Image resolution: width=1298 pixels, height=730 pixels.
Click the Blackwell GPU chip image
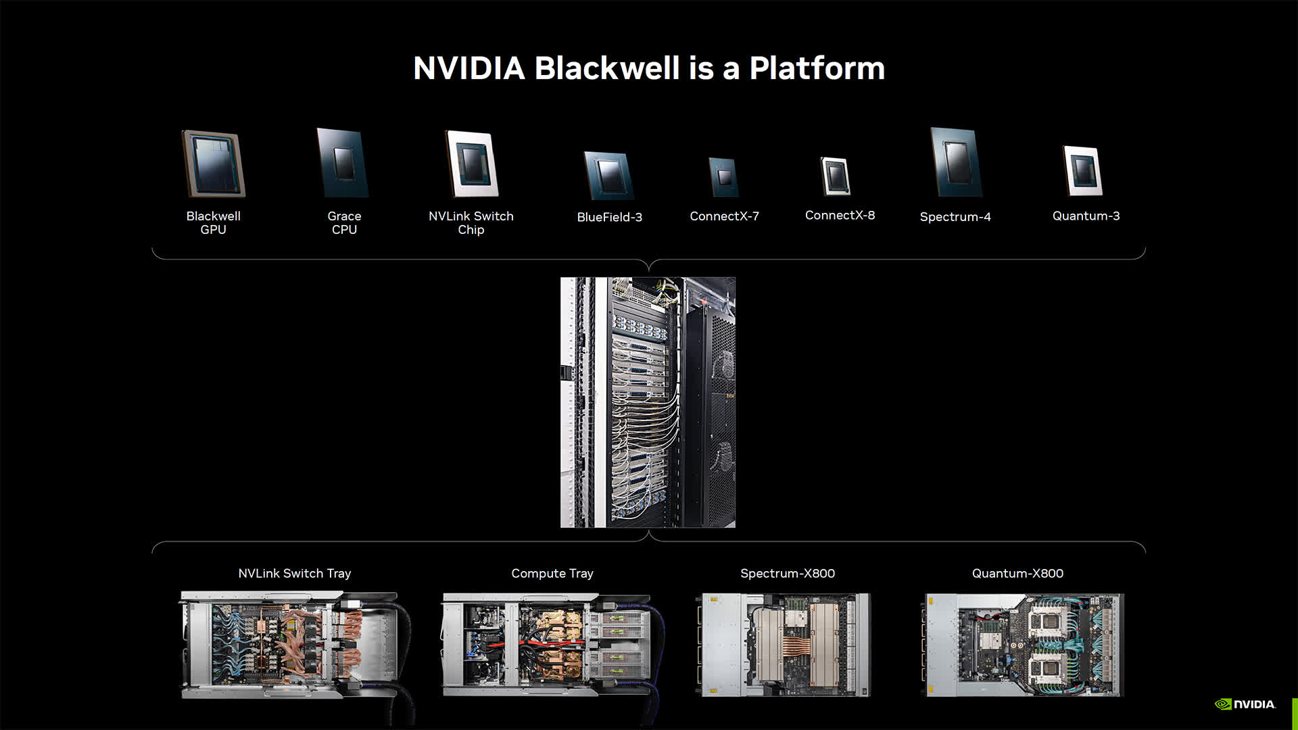pyautogui.click(x=214, y=164)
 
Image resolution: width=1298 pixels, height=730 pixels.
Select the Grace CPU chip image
pyautogui.click(x=343, y=163)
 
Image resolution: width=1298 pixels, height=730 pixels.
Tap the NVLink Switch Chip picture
pyautogui.click(x=472, y=164)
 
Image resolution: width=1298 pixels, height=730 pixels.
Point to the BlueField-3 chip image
pyautogui.click(x=608, y=176)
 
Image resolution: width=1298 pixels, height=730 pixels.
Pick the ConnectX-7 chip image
pyautogui.click(x=723, y=177)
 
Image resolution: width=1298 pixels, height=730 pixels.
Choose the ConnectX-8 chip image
pyautogui.click(x=836, y=176)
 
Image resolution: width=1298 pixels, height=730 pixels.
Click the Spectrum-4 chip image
pyautogui.click(x=956, y=162)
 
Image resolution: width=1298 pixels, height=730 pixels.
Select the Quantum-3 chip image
pyautogui.click(x=1083, y=171)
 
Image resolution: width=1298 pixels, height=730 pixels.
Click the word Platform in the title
pyautogui.click(x=817, y=68)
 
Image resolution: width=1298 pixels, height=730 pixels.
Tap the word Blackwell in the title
pyautogui.click(x=607, y=68)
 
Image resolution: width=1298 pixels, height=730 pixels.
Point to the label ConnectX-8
pyautogui.click(x=840, y=215)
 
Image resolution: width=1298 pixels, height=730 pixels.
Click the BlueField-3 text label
pyautogui.click(x=609, y=217)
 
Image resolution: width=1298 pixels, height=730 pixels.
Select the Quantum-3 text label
pyautogui.click(x=1086, y=216)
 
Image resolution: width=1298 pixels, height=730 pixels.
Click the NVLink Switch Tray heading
pyautogui.click(x=295, y=573)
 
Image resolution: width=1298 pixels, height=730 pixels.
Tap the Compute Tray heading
pyautogui.click(x=552, y=573)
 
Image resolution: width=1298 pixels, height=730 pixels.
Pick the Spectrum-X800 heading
pyautogui.click(x=788, y=573)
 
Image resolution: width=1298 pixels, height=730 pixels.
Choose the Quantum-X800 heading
pyautogui.click(x=1017, y=573)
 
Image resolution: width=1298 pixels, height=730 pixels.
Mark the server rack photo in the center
pyautogui.click(x=648, y=402)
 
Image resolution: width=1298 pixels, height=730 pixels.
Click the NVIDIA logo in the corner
pyautogui.click(x=1245, y=704)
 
